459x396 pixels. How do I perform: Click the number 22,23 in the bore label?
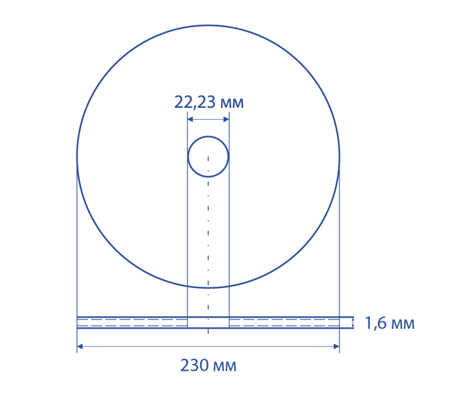195,102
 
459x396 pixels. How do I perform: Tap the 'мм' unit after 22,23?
232,104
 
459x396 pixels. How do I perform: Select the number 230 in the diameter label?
195,365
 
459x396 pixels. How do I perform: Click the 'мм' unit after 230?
225,366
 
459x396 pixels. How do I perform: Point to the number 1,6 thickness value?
376,323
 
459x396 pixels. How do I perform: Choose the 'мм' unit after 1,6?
403,324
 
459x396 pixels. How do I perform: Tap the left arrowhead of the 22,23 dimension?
190,119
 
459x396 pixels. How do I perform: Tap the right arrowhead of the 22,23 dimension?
226,119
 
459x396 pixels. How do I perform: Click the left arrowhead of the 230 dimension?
80,347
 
